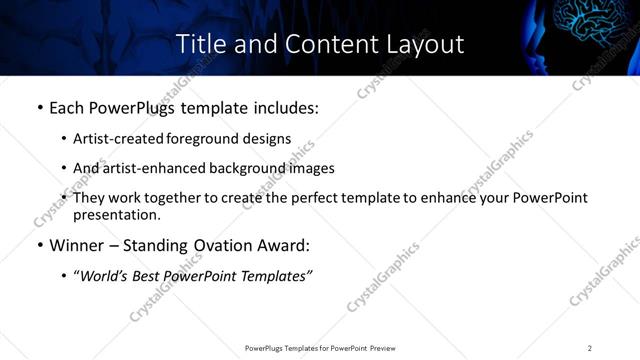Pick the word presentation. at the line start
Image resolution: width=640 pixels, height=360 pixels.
(x=116, y=215)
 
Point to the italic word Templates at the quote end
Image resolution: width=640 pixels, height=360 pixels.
(x=276, y=275)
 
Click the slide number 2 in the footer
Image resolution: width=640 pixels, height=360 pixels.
(x=590, y=347)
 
